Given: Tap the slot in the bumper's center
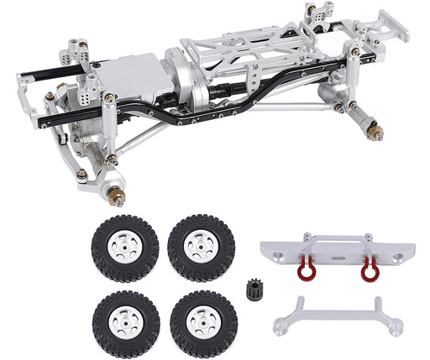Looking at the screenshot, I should [338, 248].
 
